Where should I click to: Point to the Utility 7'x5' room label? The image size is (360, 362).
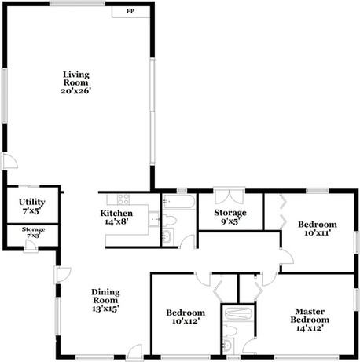[x=32, y=206]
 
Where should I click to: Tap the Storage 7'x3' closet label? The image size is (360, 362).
[x=33, y=232]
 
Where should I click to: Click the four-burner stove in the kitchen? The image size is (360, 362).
[x=123, y=199]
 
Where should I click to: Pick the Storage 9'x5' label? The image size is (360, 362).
[x=231, y=217]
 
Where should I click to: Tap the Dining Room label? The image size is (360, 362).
[x=105, y=300]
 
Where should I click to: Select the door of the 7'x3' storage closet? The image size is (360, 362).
[x=29, y=246]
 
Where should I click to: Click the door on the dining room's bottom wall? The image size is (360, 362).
[x=136, y=351]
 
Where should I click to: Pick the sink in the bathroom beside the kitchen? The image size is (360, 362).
[x=167, y=236]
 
